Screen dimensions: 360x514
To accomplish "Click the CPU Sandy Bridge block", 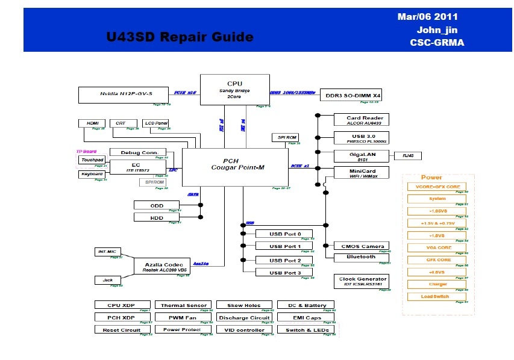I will pyautogui.click(x=234, y=90).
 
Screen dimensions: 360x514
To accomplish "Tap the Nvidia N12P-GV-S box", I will pyautogui.click(x=125, y=95).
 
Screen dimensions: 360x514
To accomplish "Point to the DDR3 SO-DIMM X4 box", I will pyautogui.click(x=353, y=95).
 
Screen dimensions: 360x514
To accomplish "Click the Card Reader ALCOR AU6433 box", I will pyautogui.click(x=362, y=120).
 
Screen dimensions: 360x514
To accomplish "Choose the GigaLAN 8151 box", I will pyautogui.click(x=362, y=156).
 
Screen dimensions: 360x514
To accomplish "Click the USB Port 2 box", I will pyautogui.click(x=284, y=260).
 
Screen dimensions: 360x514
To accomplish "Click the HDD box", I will pyautogui.click(x=157, y=217).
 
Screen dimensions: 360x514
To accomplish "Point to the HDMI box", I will pyautogui.click(x=92, y=123).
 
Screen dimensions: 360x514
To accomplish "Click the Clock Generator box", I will pyautogui.click(x=362, y=281).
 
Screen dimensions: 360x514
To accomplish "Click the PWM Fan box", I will pyautogui.click(x=183, y=317).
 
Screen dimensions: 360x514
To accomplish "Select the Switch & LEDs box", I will pyautogui.click(x=306, y=330).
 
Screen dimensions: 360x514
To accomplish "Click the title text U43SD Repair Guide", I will pyautogui.click(x=180, y=37).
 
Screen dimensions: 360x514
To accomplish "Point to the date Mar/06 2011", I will pyautogui.click(x=428, y=17).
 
